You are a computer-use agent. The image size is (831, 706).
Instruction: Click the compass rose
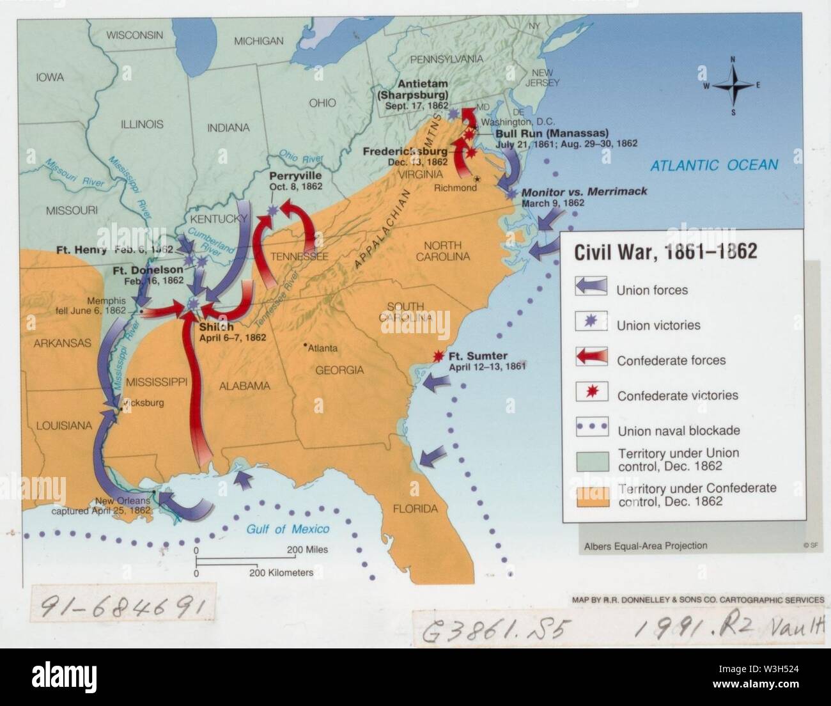click(x=733, y=86)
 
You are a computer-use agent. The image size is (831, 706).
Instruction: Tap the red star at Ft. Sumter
click(x=439, y=357)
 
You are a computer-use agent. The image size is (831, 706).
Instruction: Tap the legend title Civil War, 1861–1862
click(x=665, y=251)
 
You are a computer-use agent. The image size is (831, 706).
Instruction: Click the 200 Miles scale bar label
click(x=307, y=549)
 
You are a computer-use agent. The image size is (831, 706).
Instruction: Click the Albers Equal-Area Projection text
click(x=645, y=545)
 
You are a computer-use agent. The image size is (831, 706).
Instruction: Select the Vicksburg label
click(x=145, y=403)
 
